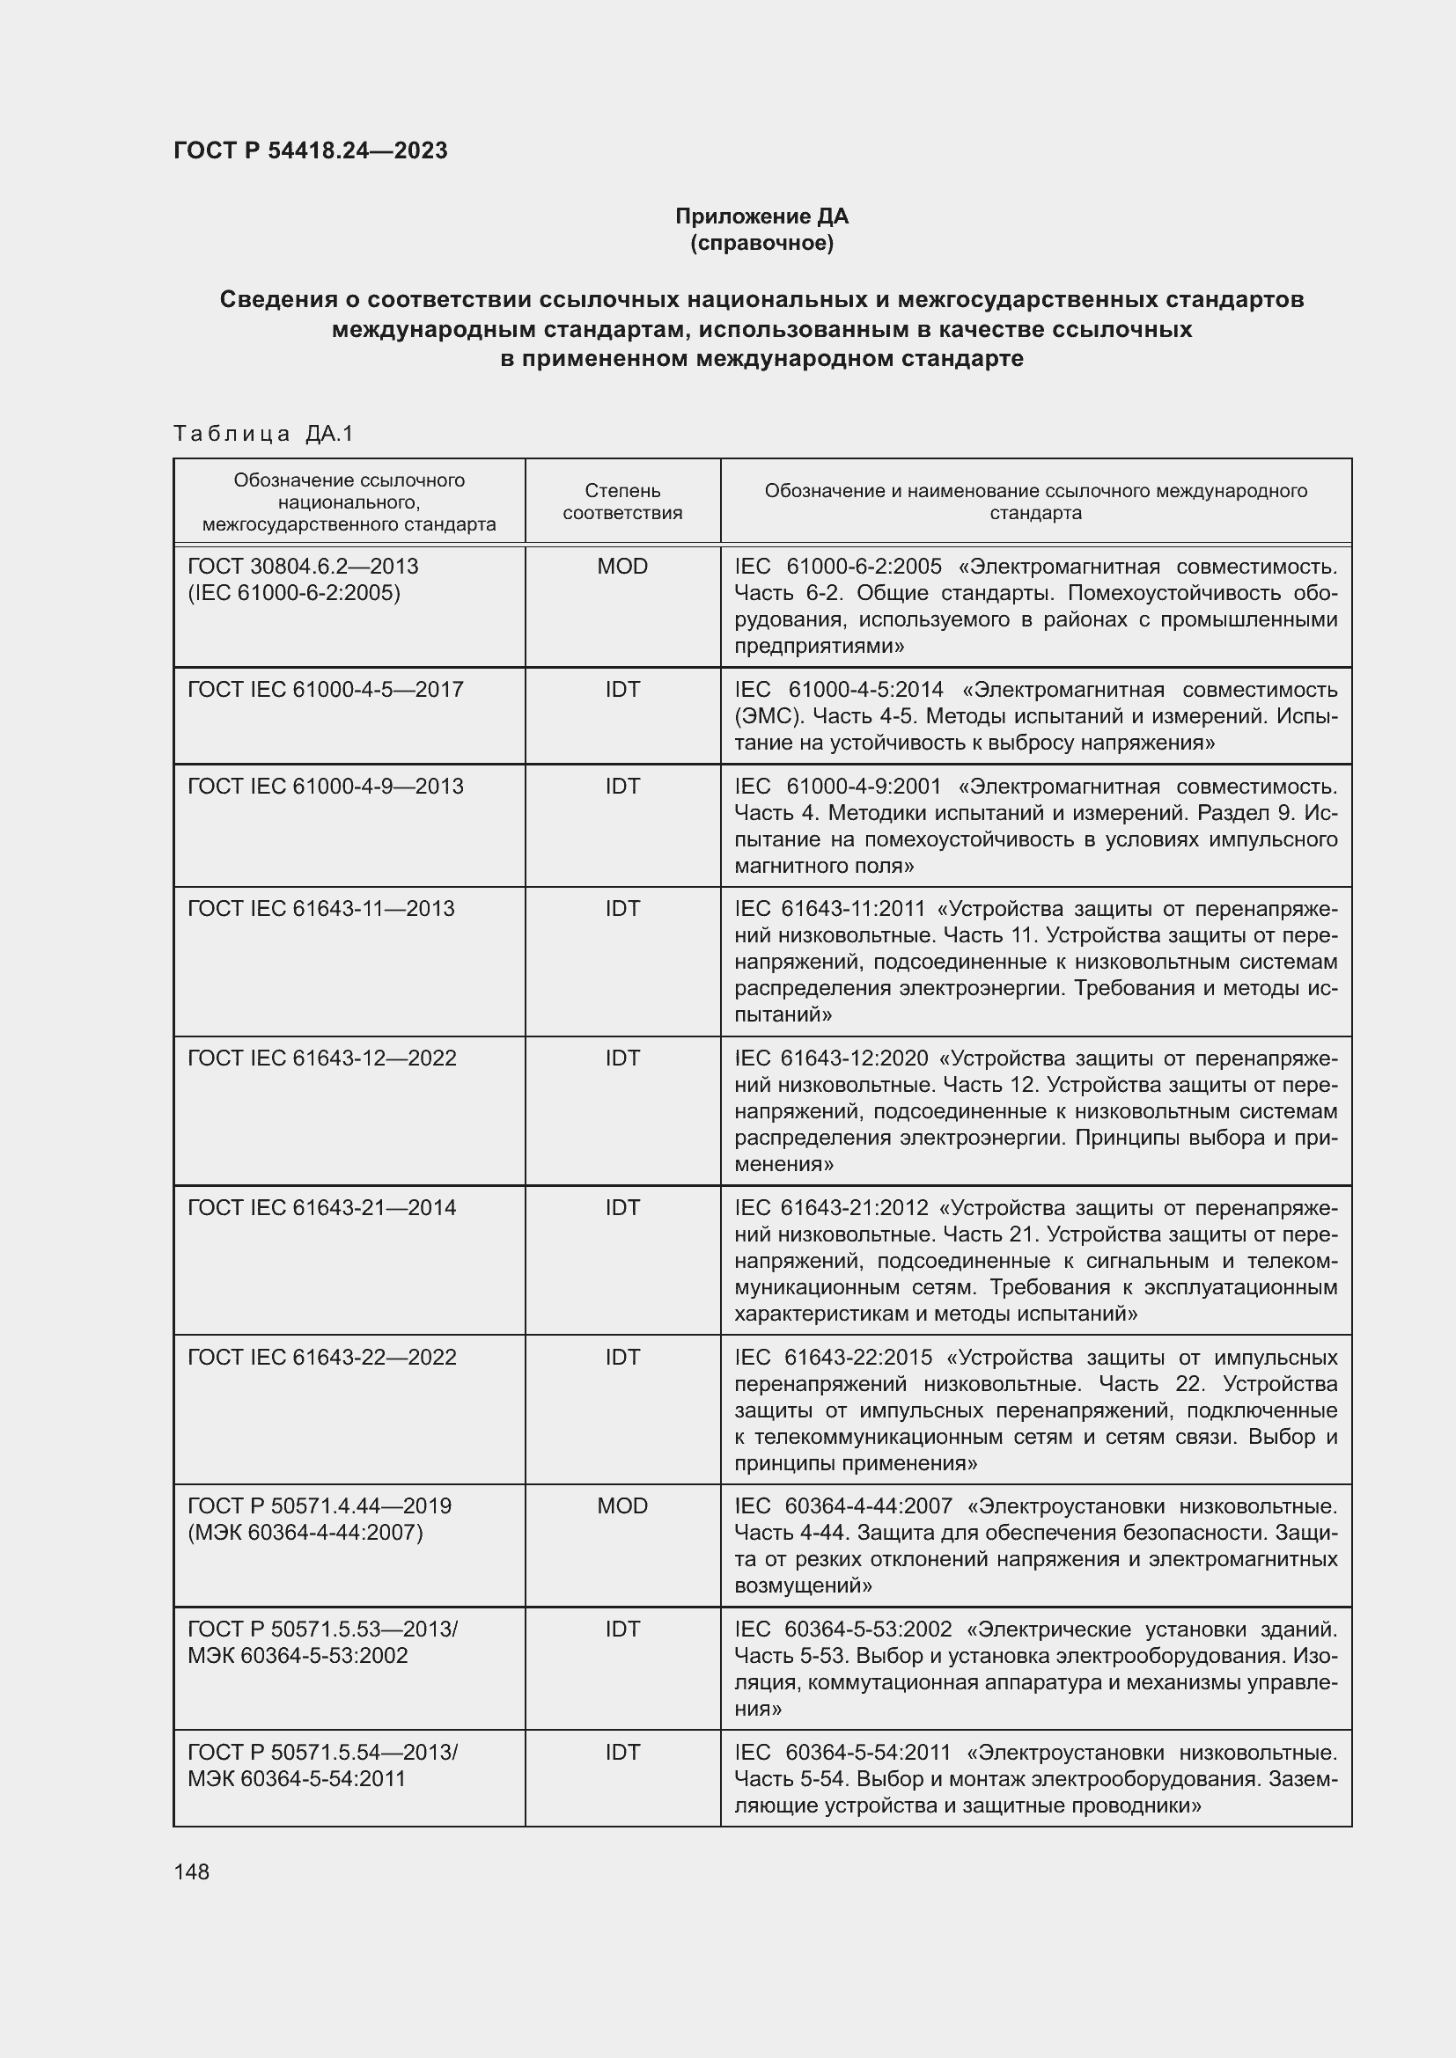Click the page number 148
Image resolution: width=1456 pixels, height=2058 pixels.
coord(192,1871)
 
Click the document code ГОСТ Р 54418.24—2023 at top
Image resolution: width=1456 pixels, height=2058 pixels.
coord(310,150)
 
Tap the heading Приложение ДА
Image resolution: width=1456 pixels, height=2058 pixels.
coord(761,216)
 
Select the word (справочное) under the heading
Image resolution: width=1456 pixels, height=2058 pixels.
coord(761,243)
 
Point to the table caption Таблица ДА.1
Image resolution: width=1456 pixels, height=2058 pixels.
coord(263,434)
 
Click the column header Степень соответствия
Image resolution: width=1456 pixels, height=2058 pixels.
coord(622,502)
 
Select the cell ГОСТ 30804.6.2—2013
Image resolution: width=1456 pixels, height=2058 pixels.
coord(303,567)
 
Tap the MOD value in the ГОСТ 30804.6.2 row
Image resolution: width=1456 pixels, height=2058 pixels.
coord(622,567)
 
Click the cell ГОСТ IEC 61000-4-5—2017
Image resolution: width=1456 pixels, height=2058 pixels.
coord(326,689)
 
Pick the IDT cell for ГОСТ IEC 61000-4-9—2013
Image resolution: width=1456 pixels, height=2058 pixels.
coord(622,786)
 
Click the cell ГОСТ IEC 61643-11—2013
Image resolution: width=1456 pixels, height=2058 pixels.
coord(321,909)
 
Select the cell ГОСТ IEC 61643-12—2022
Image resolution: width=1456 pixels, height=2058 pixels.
coord(322,1058)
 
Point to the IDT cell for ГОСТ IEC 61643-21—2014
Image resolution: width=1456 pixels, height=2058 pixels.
coord(622,1208)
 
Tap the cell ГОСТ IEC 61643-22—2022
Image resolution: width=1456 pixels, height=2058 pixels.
coord(322,1357)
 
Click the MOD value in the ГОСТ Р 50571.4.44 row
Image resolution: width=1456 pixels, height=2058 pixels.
coord(622,1505)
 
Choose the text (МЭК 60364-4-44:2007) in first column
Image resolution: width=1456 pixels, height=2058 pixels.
coord(305,1533)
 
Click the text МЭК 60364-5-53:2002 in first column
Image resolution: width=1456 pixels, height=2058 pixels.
coord(298,1656)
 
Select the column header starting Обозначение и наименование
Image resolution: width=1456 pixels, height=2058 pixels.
coord(1035,502)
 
